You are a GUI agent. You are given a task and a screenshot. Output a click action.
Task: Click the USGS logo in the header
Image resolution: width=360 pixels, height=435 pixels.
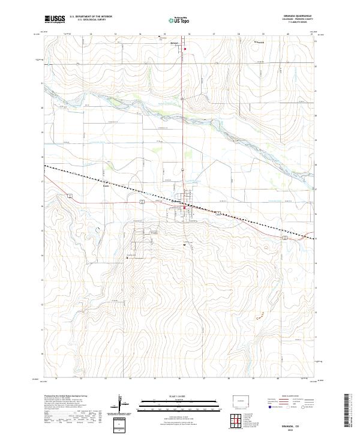point(55,19)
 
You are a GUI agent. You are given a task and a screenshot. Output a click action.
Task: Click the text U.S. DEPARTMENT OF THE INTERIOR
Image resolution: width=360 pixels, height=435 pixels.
point(91,17)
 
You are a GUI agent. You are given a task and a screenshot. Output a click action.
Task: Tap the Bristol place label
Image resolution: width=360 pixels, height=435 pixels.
point(175,44)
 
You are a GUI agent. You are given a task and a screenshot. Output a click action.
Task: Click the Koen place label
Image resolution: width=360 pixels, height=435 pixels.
point(106,185)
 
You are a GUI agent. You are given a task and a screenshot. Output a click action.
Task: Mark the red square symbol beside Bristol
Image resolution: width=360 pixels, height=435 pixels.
point(185,49)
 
